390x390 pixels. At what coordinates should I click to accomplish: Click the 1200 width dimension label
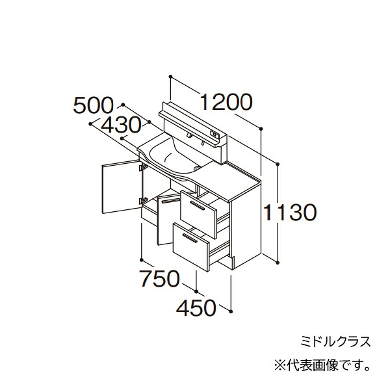click(226, 102)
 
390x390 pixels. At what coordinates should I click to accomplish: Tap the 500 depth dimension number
click(93, 105)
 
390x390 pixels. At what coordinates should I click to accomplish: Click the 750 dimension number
click(159, 278)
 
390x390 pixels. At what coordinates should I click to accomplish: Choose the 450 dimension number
click(196, 307)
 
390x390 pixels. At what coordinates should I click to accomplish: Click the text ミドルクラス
click(335, 341)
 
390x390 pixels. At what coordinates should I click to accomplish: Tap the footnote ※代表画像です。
click(322, 366)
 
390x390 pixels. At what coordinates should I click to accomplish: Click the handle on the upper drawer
click(197, 205)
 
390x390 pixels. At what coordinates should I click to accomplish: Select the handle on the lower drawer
click(190, 238)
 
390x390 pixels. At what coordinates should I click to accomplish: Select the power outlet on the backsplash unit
click(214, 135)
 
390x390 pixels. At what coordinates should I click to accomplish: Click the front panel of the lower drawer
click(190, 247)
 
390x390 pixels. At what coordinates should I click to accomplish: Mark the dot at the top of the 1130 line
click(278, 164)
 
